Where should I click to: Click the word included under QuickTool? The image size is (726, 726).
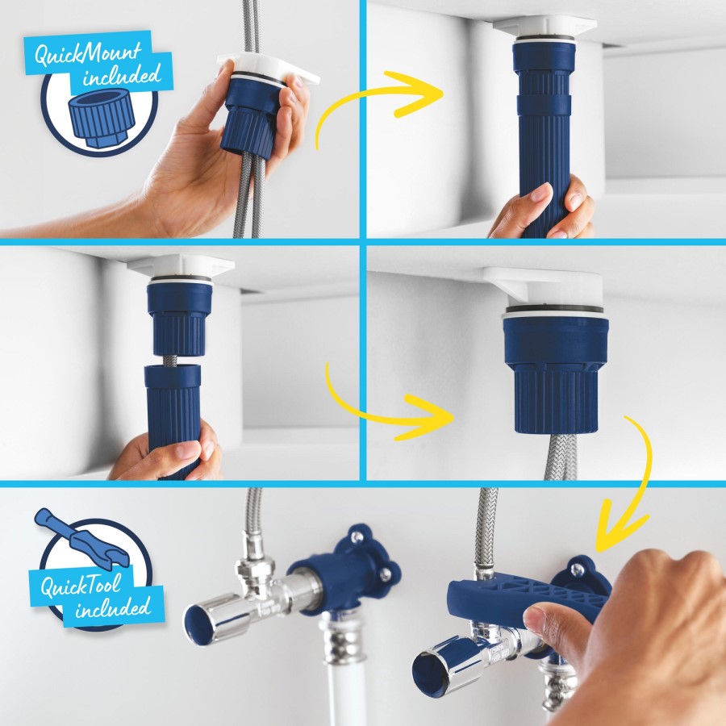(x=113, y=609)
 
